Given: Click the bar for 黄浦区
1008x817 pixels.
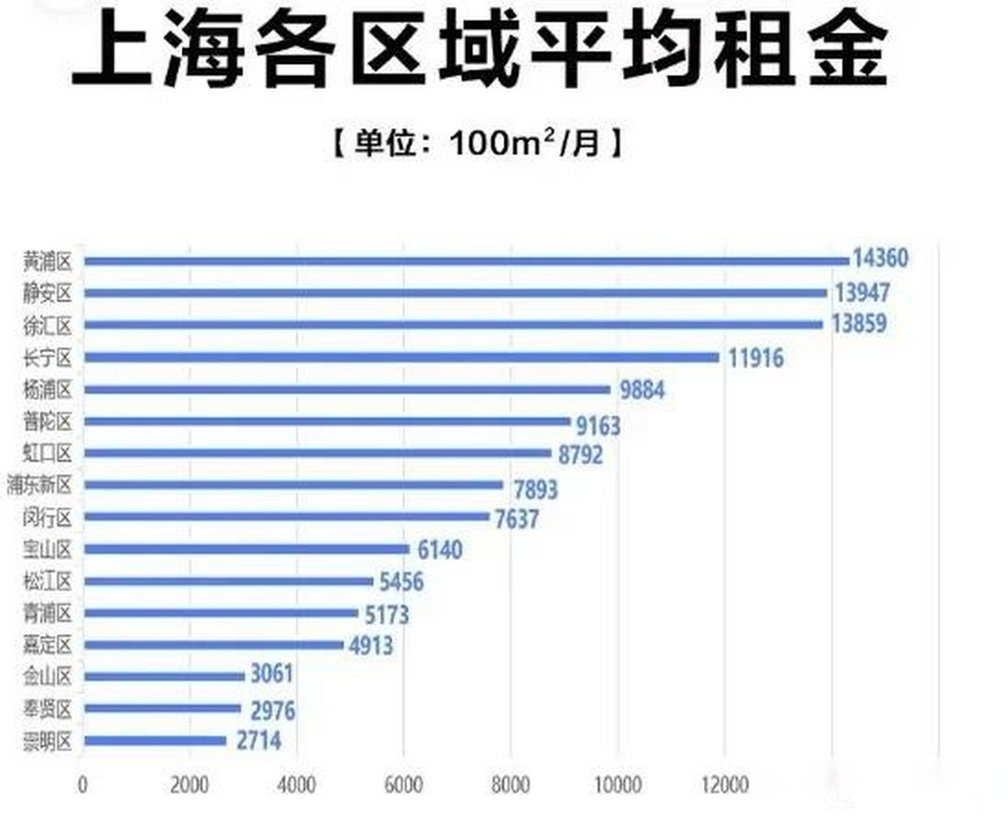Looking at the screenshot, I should pos(466,260).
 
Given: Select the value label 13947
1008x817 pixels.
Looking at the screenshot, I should pos(862,293).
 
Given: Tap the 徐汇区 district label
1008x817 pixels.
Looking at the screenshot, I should pos(47,326).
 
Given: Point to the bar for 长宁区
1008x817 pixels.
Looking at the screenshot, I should pos(402,357).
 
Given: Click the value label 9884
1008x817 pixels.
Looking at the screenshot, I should pos(642,390).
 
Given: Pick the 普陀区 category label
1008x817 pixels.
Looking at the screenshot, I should pos(47,422).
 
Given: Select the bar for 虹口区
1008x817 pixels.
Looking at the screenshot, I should pos(318,453).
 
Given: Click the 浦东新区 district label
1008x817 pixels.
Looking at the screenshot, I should pos(40,486).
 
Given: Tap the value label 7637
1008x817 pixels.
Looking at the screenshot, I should pos(517,519).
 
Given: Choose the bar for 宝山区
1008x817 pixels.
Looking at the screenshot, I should pos(246,549).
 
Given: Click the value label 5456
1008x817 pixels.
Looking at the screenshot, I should pos(401,582).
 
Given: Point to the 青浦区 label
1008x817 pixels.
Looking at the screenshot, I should pos(47,614).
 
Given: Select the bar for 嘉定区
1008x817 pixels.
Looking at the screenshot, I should pos(214,645).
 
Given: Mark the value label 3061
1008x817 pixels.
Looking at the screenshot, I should pos(271,674).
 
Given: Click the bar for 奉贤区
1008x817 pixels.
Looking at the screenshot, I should pos(162,708).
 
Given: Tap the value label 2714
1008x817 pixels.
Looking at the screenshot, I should pos(258,741).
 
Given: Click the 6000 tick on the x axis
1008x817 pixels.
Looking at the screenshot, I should pos(403,784).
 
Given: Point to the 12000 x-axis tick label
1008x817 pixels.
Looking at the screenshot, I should pos(725,784).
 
